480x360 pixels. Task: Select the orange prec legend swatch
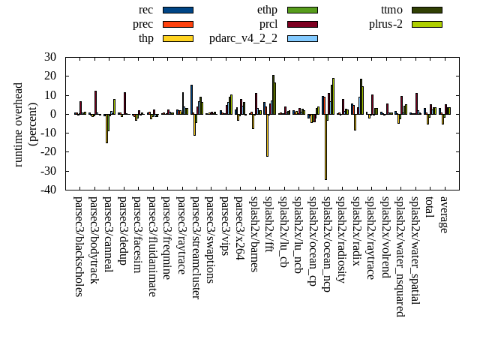point(178,24)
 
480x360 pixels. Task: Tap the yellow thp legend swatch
point(178,38)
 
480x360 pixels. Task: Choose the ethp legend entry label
point(267,10)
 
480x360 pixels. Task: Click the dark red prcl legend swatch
point(302,24)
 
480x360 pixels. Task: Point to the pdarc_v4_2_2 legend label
point(243,38)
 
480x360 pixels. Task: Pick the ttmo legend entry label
point(391,10)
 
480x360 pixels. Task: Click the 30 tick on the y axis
point(50,57)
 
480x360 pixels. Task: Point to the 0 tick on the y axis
point(53,114)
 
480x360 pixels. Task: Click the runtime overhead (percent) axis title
point(25,124)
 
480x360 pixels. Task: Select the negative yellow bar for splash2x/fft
point(267,135)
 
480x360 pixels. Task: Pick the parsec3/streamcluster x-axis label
point(196,248)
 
